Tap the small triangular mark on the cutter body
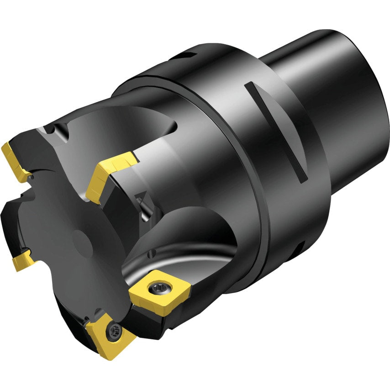tap(140, 197)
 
